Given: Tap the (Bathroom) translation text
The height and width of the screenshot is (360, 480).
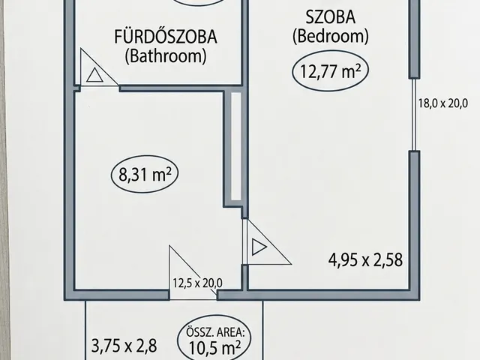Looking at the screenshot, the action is [x=166, y=56].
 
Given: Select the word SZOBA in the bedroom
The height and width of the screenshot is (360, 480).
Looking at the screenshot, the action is [x=331, y=16].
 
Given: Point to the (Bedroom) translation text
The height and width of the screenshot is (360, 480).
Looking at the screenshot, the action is [x=331, y=36].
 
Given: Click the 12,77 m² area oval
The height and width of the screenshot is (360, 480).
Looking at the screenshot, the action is [x=331, y=71].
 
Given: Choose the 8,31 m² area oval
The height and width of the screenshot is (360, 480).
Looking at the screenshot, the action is [x=145, y=174].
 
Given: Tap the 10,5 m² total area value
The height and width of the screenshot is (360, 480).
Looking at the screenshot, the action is [x=214, y=347].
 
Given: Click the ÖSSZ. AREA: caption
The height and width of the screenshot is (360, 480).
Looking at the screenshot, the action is [x=214, y=331].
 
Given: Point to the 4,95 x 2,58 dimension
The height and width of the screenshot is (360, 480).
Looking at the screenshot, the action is [x=365, y=260].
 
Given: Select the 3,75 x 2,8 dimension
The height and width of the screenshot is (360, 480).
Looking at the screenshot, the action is [x=124, y=346].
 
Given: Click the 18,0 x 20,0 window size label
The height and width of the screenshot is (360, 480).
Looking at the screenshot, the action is [x=443, y=103].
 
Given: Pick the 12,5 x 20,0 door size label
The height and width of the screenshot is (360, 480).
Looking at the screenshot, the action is [x=197, y=283].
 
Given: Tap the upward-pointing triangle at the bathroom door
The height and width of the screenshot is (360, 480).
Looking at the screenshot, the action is [x=94, y=75].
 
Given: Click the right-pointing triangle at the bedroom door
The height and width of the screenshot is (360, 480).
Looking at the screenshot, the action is [x=259, y=247].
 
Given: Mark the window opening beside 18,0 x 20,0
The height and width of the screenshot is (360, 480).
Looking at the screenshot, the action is [x=414, y=115].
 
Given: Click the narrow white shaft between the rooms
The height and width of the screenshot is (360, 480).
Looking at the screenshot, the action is [x=235, y=146].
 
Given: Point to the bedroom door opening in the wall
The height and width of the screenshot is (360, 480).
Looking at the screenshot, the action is [x=245, y=241].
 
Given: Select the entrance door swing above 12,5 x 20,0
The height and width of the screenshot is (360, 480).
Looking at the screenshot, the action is [x=193, y=272].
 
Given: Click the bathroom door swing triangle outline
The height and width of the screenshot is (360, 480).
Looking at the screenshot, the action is [x=99, y=67].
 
